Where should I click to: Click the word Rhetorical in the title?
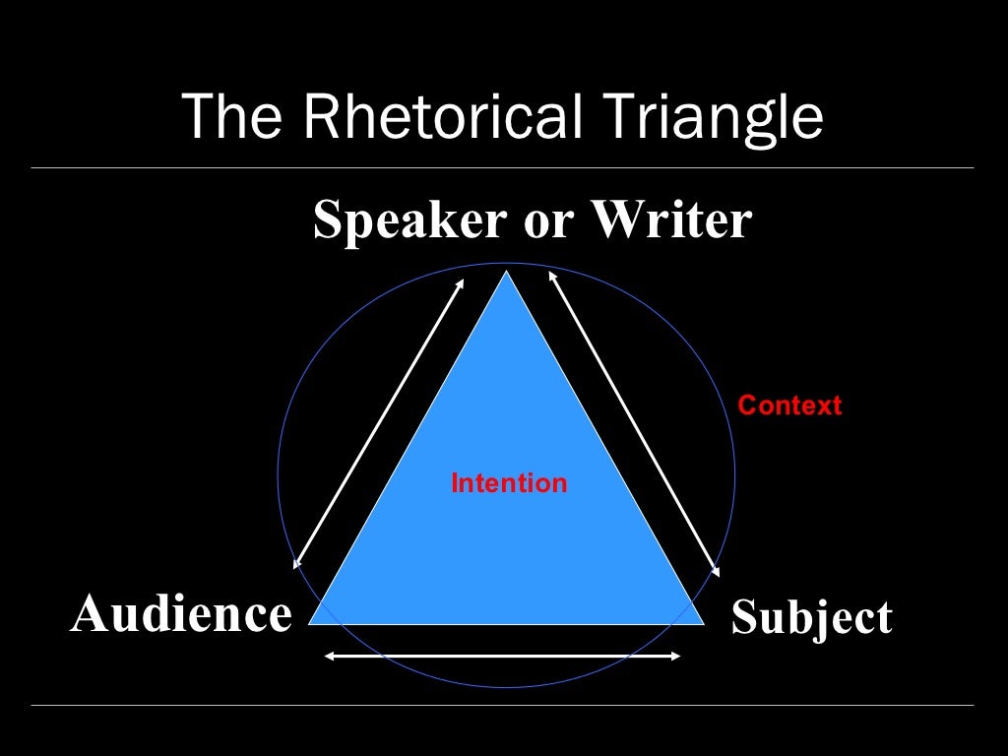click(441, 116)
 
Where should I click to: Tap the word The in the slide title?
click(236, 116)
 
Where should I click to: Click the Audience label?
click(181, 615)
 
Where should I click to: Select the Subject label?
click(811, 618)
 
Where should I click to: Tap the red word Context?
click(789, 405)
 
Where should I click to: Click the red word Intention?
click(509, 483)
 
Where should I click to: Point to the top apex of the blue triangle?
click(507, 273)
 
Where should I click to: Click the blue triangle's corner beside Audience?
click(313, 622)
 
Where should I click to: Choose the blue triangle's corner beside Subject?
click(702, 622)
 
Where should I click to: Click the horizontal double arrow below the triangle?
click(503, 656)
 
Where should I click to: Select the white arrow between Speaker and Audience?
click(379, 423)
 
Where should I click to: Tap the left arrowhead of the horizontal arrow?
click(330, 656)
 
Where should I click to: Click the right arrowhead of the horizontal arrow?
click(676, 656)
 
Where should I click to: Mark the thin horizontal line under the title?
click(502, 167)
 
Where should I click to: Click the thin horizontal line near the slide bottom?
click(502, 705)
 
